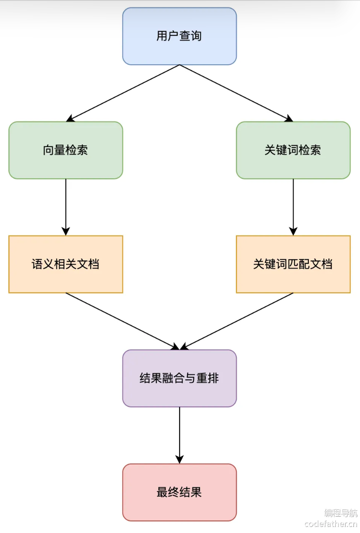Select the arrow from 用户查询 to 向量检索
click(x=123, y=93)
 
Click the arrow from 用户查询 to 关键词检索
click(x=236, y=93)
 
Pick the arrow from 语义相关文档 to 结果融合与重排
click(x=122, y=321)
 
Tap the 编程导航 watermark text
click(x=340, y=513)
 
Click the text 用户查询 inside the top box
click(x=179, y=36)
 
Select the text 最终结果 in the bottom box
click(x=179, y=492)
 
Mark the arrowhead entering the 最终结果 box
click(x=180, y=459)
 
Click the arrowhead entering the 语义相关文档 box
click(x=66, y=231)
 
